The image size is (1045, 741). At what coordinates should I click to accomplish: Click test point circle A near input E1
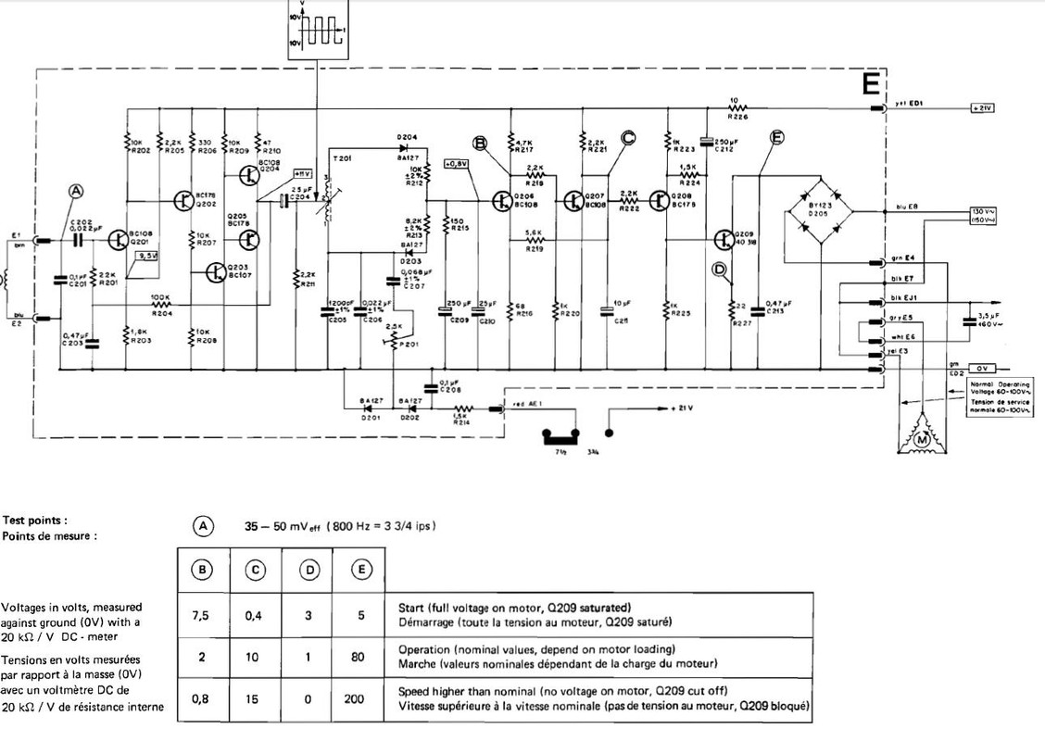(76, 191)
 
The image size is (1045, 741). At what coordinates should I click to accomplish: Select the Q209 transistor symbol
(724, 239)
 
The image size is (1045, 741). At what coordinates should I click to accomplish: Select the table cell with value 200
(355, 699)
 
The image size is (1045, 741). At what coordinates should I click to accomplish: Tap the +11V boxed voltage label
(302, 173)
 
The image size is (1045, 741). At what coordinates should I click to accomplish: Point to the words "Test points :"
(34, 521)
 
